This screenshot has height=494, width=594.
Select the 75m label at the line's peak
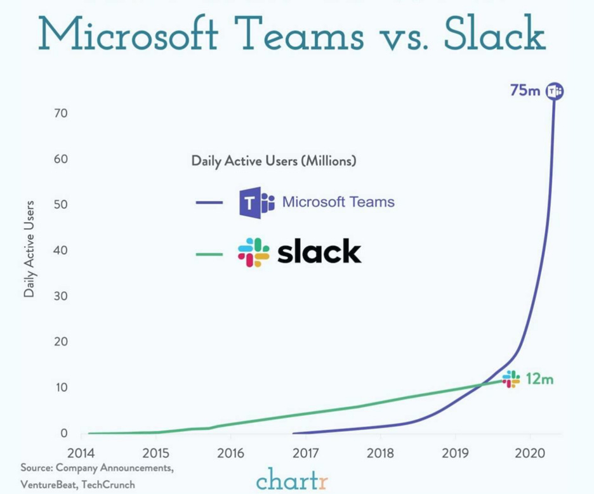pos(525,91)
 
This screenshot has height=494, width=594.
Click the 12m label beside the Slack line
pos(539,380)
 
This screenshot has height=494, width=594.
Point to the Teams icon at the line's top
pos(555,91)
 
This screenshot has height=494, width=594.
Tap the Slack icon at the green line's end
pos(511,379)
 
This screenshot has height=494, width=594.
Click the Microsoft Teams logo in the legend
pos(256,203)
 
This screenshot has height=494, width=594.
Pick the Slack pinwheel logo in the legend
pos(253,252)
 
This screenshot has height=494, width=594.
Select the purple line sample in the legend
pos(209,203)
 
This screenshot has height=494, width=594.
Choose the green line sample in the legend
pos(209,254)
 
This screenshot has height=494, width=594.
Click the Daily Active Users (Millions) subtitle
pos(274,161)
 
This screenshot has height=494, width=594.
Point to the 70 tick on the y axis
pos(61,114)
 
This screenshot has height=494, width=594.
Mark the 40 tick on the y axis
pos(61,250)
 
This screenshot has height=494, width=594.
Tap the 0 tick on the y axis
pos(64,434)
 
